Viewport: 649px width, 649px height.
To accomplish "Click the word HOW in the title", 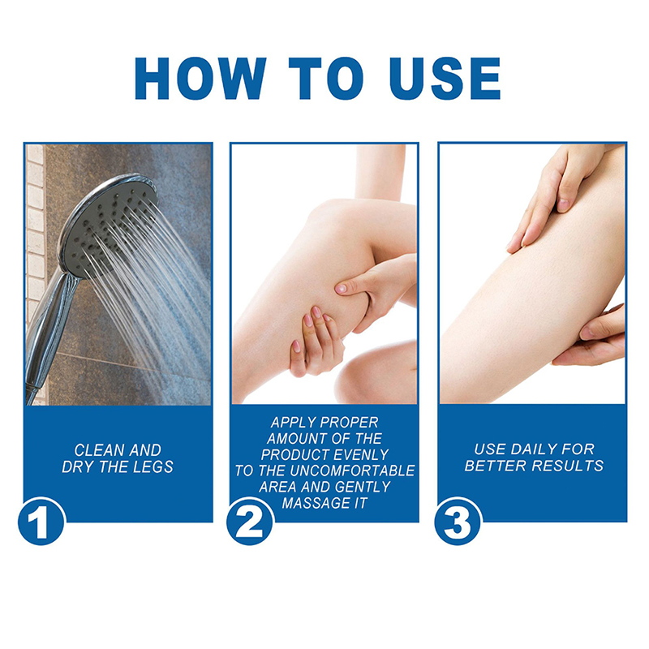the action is coord(200,78).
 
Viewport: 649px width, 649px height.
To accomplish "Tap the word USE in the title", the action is coord(445,78).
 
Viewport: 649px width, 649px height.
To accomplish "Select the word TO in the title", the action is coord(326,78).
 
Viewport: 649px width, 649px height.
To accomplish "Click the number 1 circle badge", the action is coord(41,521).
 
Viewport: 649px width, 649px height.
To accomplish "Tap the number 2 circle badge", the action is coord(250,521).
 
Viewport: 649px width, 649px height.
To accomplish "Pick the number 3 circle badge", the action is coord(458,521).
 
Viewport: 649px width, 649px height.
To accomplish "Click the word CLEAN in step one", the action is coord(99,450).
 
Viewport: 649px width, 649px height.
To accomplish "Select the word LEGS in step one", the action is coord(153,467).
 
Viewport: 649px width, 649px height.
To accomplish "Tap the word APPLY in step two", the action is coord(293,423).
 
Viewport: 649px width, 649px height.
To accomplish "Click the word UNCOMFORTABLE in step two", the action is coord(353,471).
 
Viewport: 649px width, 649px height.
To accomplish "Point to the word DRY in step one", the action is coord(77,467).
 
